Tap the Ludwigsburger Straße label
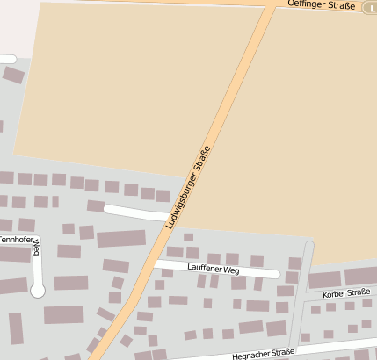click(x=188, y=187)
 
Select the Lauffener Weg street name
click(x=214, y=270)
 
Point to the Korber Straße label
click(x=345, y=292)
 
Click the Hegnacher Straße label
click(x=263, y=352)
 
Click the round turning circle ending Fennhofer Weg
click(x=38, y=291)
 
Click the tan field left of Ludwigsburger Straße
click(x=132, y=88)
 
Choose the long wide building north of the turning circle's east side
click(x=120, y=238)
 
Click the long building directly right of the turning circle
click(x=71, y=283)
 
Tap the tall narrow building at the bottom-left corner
click(x=16, y=328)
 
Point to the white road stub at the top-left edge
click(x=7, y=59)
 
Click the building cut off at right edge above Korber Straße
click(x=360, y=277)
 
